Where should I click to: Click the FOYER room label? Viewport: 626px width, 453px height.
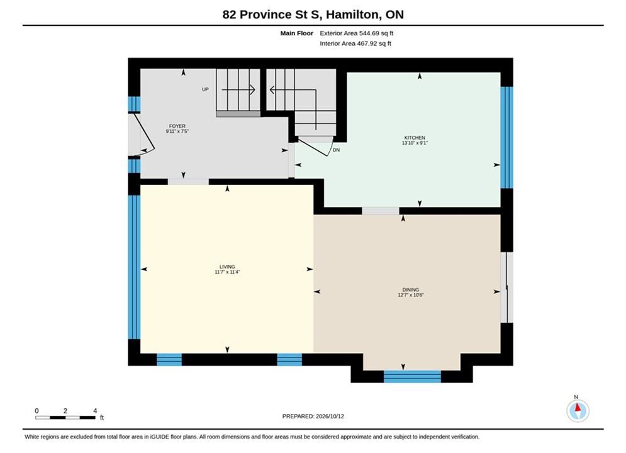pos(177,126)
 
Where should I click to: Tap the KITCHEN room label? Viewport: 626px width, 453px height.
pos(415,138)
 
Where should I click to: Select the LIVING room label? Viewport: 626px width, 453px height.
pos(227,267)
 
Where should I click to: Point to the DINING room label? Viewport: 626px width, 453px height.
pos(411,290)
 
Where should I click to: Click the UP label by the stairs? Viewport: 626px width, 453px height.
pos(205,89)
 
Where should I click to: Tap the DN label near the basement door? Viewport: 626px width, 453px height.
pos(336,150)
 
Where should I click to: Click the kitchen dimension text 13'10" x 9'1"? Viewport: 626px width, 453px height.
pos(415,143)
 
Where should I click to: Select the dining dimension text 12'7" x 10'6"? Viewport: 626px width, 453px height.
pos(411,295)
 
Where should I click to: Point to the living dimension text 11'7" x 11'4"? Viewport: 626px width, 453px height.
pos(227,272)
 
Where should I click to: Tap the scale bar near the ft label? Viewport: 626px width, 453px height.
pos(65,418)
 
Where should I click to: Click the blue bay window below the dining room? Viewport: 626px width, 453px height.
pos(412,376)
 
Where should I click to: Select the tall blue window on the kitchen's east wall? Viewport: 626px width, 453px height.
pos(506,137)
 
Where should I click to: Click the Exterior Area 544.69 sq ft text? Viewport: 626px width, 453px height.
pos(357,33)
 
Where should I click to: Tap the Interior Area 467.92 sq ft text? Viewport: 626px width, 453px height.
pos(355,43)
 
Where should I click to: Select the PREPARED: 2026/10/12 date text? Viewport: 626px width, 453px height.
pos(313,417)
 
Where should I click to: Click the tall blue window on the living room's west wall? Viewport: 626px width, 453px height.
pos(134,267)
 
